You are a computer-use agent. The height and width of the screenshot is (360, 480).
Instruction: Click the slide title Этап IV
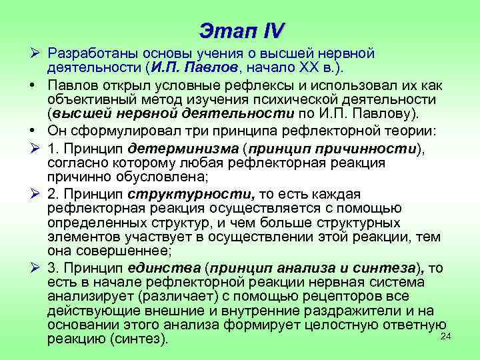(x=241, y=30)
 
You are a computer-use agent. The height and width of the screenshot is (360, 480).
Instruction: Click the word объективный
(x=90, y=98)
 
